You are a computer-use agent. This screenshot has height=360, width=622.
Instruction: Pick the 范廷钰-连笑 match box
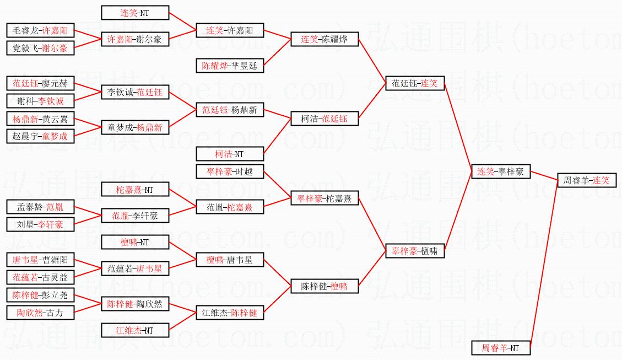(414, 83)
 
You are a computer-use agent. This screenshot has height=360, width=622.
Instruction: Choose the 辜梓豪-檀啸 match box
(414, 251)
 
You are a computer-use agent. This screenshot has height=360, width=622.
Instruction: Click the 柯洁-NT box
(230, 154)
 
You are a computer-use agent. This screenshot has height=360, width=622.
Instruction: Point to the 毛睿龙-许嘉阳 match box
(40, 30)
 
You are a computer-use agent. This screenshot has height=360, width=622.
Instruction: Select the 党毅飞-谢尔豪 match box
(40, 48)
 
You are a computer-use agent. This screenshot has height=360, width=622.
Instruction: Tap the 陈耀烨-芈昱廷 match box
(230, 66)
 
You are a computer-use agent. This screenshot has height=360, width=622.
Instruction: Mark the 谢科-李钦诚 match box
(40, 101)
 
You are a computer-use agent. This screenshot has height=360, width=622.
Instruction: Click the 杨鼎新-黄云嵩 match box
(40, 119)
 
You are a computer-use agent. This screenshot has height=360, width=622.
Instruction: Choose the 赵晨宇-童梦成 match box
(40, 136)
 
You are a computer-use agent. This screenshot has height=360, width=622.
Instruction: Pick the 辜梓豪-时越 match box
(230, 171)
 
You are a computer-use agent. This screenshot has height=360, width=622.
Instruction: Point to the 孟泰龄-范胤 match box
(40, 207)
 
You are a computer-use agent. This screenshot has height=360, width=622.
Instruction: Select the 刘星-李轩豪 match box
(40, 224)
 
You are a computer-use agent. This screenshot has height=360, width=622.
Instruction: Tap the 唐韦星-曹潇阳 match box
(40, 260)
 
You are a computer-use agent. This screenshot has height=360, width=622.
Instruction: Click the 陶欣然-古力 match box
(40, 313)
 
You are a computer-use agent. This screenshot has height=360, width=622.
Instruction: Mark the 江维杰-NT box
(135, 330)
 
